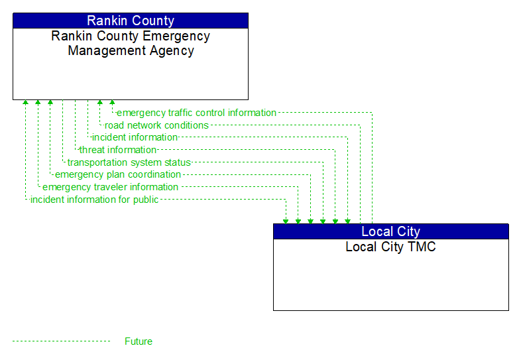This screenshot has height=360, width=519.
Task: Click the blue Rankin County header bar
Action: [x=131, y=21]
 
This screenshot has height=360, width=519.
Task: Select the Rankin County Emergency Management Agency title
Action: [x=131, y=43]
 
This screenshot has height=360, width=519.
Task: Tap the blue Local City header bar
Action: [x=390, y=231]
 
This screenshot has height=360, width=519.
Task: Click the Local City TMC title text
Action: [x=390, y=247]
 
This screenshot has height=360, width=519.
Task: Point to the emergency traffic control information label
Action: [x=196, y=113]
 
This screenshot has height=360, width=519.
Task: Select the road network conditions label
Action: [x=156, y=125]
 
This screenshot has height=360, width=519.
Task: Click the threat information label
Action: [x=117, y=150]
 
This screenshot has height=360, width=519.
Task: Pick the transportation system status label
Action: [x=129, y=162]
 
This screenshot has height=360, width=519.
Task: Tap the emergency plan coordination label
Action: [x=117, y=174]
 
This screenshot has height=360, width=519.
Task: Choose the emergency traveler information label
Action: [x=110, y=187]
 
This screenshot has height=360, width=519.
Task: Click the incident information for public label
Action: [x=94, y=200]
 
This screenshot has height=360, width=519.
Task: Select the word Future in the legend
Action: [x=138, y=341]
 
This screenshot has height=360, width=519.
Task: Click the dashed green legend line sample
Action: [x=61, y=341]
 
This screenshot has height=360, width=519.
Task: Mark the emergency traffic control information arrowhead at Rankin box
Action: [x=112, y=103]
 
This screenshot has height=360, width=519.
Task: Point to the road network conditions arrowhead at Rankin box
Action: [x=99, y=103]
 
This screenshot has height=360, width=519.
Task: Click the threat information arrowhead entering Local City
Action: [x=335, y=220]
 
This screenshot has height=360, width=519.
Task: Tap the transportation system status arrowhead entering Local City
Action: [x=323, y=220]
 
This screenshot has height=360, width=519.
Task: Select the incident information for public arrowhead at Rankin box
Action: [x=25, y=103]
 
